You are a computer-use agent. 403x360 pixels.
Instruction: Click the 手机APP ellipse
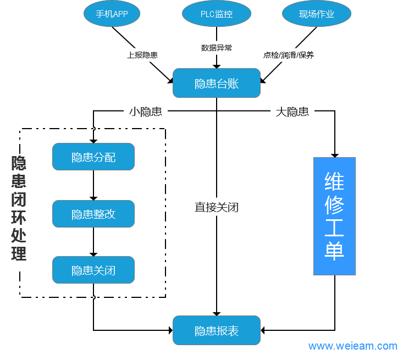point(112,14)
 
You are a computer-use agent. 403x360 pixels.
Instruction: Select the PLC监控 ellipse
point(216,14)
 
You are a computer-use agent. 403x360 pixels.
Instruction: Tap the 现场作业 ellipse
point(317,14)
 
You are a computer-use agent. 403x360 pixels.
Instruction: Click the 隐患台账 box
point(217,83)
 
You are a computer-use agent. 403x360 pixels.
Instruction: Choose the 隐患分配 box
point(93,157)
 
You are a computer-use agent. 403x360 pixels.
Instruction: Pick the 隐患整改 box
point(93,214)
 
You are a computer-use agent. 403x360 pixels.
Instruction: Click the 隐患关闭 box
point(93,270)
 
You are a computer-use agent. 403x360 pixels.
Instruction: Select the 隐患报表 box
point(217,330)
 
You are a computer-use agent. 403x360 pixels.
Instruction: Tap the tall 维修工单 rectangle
point(334,216)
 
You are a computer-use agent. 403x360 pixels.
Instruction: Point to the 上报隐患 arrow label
point(142,55)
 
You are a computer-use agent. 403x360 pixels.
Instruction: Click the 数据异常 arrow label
point(217,48)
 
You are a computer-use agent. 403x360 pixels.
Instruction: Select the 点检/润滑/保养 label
point(289,55)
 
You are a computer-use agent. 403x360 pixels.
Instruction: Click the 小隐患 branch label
point(145,112)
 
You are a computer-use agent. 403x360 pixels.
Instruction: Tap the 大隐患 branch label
point(292,112)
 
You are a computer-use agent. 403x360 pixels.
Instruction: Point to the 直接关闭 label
point(217,207)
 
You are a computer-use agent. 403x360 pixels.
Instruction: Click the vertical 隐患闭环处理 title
point(19,208)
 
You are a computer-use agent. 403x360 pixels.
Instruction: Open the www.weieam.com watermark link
point(352,346)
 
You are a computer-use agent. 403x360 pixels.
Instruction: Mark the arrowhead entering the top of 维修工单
point(334,154)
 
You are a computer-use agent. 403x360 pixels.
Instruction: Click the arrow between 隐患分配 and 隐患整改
point(93,185)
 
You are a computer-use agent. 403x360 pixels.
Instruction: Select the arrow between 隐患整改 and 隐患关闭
point(93,242)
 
